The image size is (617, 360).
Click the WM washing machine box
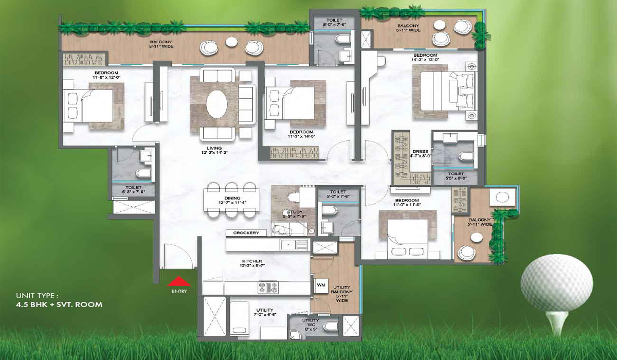click(320, 284)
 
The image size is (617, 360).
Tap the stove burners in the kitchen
click(268, 287)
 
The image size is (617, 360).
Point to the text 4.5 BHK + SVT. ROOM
click(59, 304)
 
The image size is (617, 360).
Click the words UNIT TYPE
click(38, 296)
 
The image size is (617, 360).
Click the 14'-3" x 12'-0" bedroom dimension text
click(424, 60)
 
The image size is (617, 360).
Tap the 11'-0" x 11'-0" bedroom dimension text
click(407, 205)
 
